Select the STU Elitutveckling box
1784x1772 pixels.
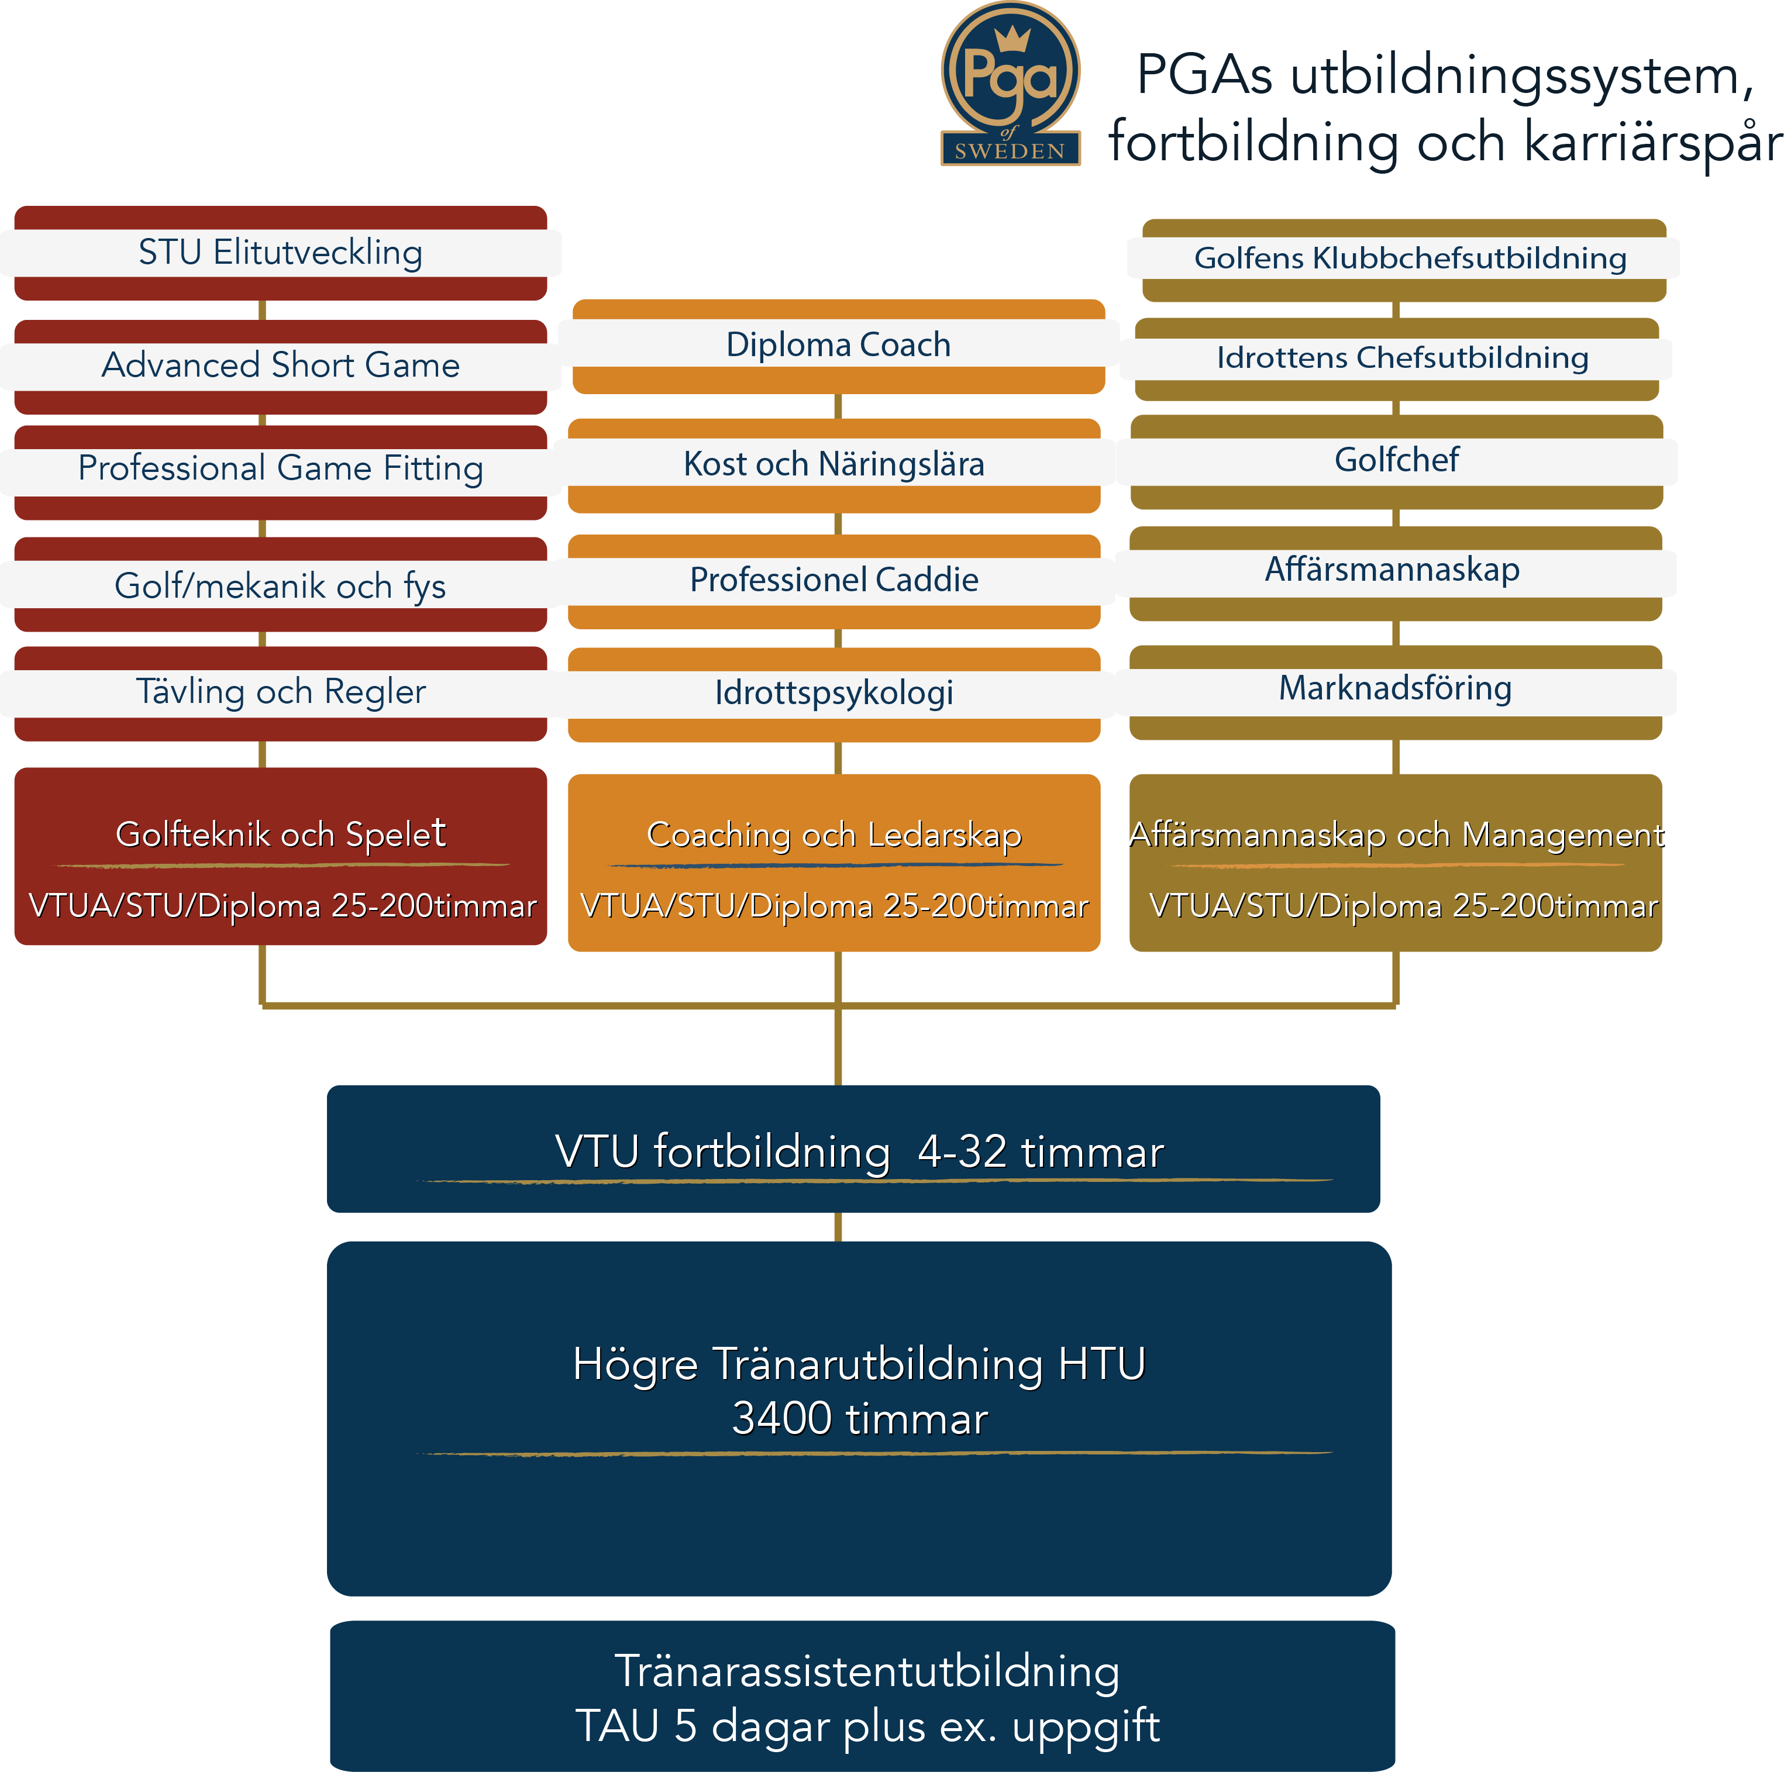pyautogui.click(x=281, y=253)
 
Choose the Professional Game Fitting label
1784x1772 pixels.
pyautogui.click(x=281, y=468)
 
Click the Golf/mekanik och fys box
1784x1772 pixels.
pyautogui.click(x=281, y=584)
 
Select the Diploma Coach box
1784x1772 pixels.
pyautogui.click(x=838, y=346)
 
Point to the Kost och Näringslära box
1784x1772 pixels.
pyautogui.click(x=834, y=466)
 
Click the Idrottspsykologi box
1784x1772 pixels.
pyautogui.click(x=834, y=694)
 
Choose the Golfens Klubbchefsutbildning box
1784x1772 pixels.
pyautogui.click(x=1404, y=260)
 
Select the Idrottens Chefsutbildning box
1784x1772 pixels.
pyautogui.click(x=1396, y=359)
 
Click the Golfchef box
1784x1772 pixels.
pyautogui.click(x=1396, y=461)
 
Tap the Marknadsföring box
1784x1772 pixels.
pyautogui.click(x=1395, y=692)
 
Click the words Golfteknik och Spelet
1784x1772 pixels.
pyautogui.click(x=281, y=834)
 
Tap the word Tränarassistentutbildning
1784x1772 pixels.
pyautogui.click(x=867, y=1671)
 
